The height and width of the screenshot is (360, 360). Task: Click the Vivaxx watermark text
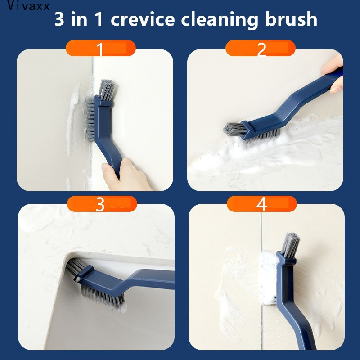(28, 6)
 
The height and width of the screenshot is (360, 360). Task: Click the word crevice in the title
(143, 19)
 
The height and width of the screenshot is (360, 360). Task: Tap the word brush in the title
(291, 19)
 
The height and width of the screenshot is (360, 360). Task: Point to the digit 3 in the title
(59, 19)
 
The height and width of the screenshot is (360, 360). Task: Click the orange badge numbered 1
(100, 48)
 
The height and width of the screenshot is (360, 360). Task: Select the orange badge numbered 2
(261, 48)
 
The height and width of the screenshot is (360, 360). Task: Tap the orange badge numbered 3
(102, 204)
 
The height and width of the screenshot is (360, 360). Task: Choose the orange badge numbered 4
(262, 204)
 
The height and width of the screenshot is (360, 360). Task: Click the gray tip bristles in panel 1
(106, 90)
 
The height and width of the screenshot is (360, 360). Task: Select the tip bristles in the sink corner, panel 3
(75, 267)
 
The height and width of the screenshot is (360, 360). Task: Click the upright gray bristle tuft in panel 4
(290, 245)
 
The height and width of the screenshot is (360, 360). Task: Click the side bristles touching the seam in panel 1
(90, 119)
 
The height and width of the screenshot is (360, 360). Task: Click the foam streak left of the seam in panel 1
(72, 119)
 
